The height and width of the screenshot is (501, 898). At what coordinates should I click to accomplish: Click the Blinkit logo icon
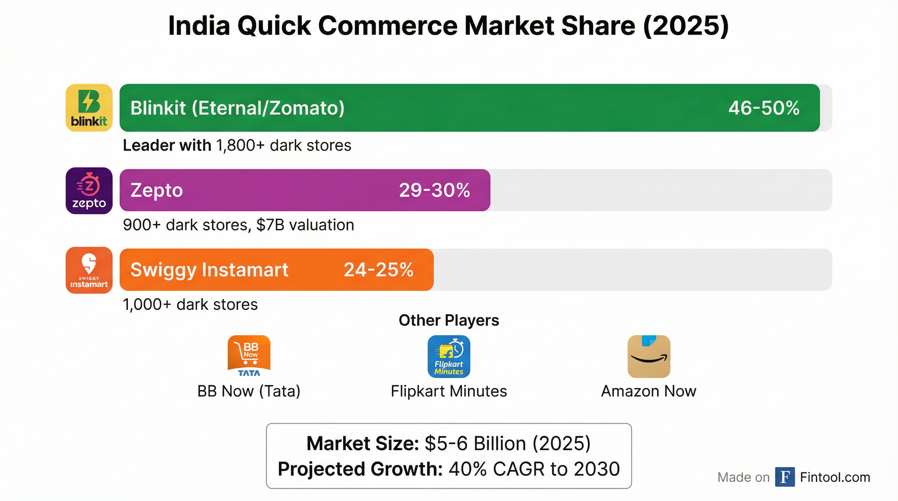[x=89, y=107]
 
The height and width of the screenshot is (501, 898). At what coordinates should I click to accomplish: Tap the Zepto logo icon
[x=89, y=190]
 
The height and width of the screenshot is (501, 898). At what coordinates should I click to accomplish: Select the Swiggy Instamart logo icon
[x=89, y=270]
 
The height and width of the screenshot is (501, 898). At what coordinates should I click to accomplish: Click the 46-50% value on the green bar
[x=764, y=108]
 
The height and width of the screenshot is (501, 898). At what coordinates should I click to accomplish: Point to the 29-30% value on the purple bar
[x=434, y=190]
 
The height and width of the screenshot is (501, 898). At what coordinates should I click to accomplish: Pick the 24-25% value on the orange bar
[x=379, y=270]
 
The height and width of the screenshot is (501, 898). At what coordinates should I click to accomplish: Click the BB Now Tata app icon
[x=249, y=356]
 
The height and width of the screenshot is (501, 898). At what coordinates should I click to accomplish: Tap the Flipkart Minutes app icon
[x=449, y=356]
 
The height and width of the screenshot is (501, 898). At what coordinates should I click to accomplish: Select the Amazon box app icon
[x=649, y=356]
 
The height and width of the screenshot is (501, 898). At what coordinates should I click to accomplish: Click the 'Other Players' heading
[x=449, y=320]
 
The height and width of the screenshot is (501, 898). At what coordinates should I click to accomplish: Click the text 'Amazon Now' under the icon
[x=648, y=391]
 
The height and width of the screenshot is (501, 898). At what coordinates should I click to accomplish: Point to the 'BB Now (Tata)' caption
[x=249, y=391]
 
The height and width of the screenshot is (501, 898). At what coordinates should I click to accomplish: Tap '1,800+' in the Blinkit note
[x=240, y=145]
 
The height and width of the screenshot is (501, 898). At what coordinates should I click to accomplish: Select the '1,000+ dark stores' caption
[x=190, y=304]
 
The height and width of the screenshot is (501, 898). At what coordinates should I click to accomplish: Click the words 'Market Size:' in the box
[x=363, y=444]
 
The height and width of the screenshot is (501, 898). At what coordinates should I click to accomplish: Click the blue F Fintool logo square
[x=785, y=477]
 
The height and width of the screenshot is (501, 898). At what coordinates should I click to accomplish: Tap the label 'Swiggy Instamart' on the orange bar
[x=209, y=270]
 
